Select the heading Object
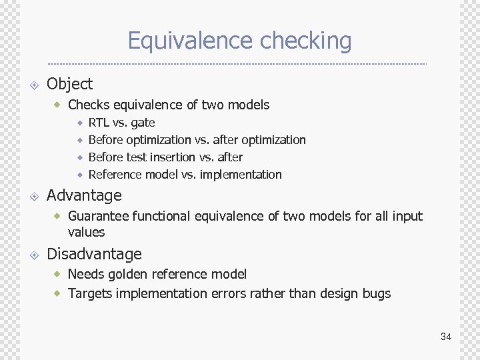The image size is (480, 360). tap(69, 84)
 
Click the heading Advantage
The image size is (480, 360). tap(84, 195)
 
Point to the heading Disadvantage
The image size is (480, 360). tap(94, 254)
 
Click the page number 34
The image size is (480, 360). tap(446, 337)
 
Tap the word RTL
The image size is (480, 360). tap(99, 123)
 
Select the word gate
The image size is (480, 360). tap(143, 123)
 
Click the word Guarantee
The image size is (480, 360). tap(98, 216)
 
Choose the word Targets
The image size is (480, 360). tap(90, 293)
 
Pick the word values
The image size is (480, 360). tap(86, 232)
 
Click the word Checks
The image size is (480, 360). tap(89, 105)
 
